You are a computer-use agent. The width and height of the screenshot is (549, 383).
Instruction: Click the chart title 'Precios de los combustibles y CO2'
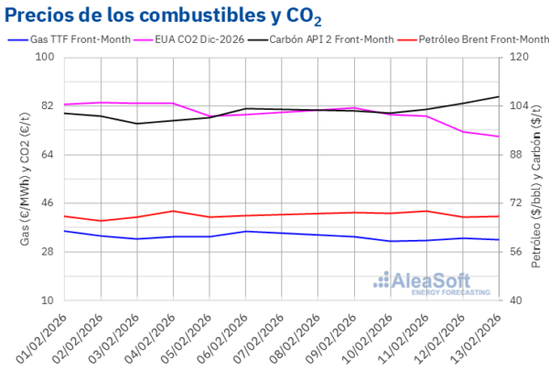[165, 16]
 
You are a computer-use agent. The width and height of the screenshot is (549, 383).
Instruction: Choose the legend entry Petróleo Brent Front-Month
[477, 39]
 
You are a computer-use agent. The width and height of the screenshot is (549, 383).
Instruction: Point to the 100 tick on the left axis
[45, 57]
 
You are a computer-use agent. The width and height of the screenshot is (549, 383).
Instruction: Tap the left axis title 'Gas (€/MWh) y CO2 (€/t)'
[25, 179]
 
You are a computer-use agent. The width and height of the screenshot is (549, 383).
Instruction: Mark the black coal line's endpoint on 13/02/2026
[499, 96]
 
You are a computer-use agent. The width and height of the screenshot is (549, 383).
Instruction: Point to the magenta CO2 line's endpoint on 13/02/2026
[499, 137]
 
